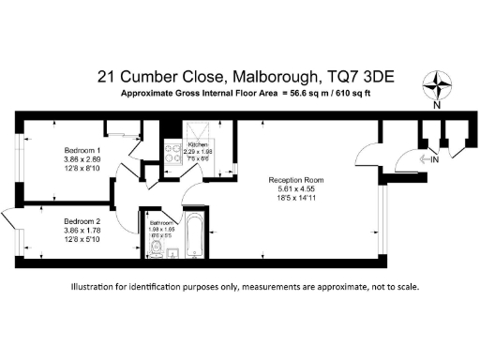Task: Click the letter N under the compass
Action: [x=436, y=105]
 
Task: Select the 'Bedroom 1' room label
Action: [x=82, y=151]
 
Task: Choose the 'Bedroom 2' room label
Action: [x=82, y=222]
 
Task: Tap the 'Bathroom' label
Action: [x=161, y=222]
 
